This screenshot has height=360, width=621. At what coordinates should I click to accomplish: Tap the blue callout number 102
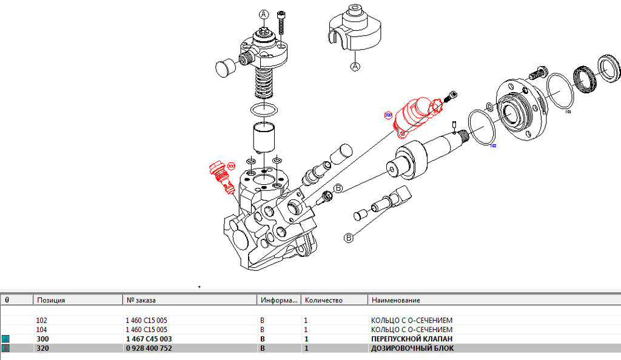pos(493,146)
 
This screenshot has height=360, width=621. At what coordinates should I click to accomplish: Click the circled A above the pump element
pos(264,14)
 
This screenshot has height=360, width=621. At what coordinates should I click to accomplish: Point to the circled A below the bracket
pos(355,65)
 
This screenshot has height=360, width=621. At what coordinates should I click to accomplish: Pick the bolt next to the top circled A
pos(281,24)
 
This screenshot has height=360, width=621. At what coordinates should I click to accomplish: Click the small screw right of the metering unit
pos(451,96)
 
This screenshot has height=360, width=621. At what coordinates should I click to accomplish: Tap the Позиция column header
pos(51,300)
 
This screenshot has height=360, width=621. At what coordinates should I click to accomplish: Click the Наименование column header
pos(395,300)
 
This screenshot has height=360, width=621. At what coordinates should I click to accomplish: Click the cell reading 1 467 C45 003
pos(148,339)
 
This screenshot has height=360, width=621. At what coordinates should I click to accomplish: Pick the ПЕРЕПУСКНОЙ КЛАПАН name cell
pos(412,339)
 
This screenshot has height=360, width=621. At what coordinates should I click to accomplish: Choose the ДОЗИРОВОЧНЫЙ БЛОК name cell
pos(412,348)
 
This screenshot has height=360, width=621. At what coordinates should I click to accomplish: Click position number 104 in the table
pos(42,330)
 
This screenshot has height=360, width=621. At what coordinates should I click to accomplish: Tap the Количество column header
pos(324,300)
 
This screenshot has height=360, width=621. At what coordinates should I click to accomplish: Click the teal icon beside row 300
pos(6,339)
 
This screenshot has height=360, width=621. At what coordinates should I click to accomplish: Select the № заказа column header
pos(141,300)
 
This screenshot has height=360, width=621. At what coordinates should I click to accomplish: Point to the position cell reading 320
pos(42,348)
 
